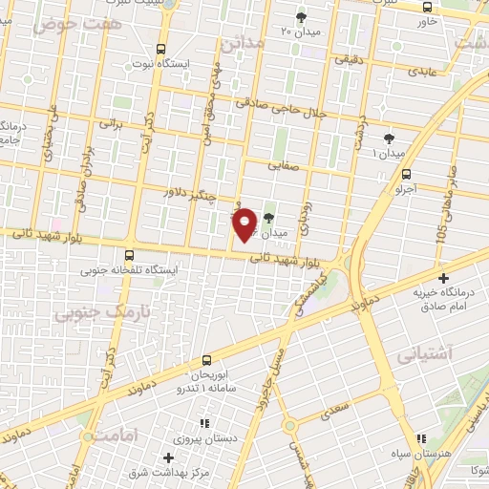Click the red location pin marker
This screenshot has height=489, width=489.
pos(245,223)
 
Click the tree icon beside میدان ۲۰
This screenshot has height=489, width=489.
pos(302,16)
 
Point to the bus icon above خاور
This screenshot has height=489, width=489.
pos(426,7)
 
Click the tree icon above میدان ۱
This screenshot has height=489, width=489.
pos(388,139)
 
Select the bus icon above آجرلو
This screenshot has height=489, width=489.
pos(408,173)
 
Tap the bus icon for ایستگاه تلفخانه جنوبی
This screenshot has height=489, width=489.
pos(129,254)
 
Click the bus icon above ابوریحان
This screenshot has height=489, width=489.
pos(208,360)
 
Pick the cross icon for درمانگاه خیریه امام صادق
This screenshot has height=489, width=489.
pos(442,277)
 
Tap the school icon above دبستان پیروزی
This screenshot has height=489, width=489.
pos(202,422)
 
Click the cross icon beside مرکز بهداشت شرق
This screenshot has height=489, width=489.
pos(168,457)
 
